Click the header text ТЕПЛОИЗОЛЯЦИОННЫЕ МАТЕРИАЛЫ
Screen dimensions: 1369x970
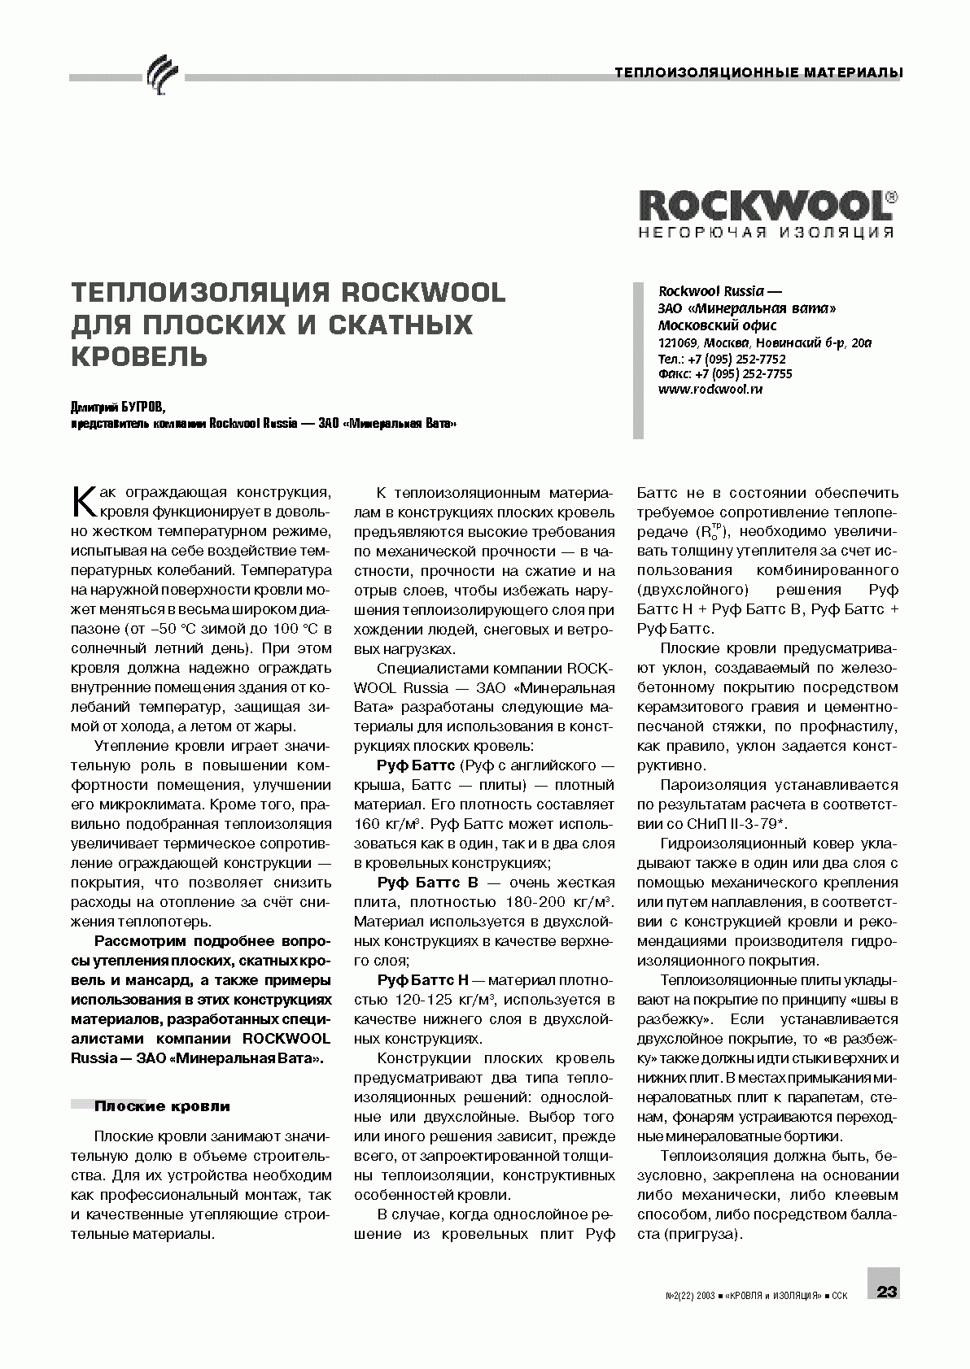pos(758,72)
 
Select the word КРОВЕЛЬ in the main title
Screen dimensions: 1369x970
pos(139,355)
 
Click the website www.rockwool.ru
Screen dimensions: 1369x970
pos(710,389)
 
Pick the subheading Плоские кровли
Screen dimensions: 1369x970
pos(162,1106)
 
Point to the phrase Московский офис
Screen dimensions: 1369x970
pos(706,325)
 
